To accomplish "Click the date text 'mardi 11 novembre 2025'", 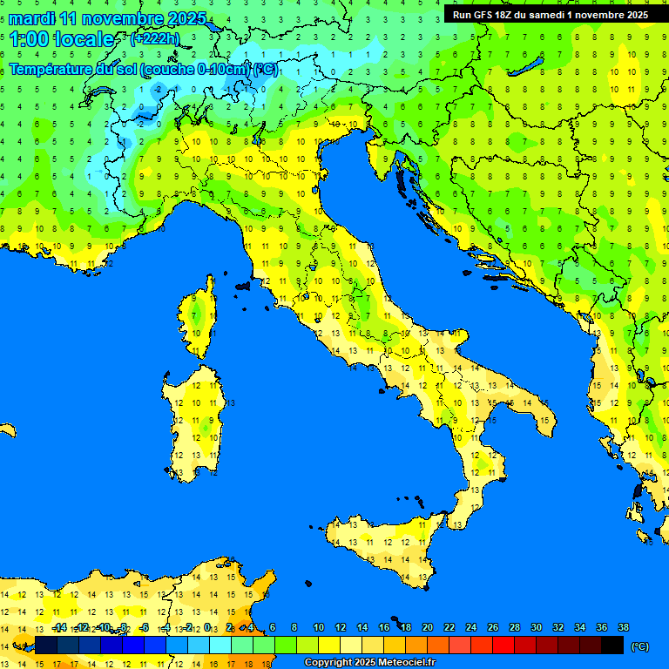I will tap(107, 18).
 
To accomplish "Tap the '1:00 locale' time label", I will tap(61, 39).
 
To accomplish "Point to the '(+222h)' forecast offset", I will tap(154, 38).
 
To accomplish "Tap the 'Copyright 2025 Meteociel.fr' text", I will tap(369, 662).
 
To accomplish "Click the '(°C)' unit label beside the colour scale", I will tap(639, 646).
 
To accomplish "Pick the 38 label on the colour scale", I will tap(623, 627).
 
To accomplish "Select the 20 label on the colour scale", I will tap(428, 627).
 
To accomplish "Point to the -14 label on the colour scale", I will tap(59, 627).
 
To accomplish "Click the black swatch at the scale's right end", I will tap(612, 645).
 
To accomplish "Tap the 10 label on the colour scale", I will tap(319, 627).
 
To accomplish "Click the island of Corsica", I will tap(199, 318).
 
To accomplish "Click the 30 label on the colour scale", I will tap(536, 627).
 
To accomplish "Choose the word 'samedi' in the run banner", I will tap(549, 15).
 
